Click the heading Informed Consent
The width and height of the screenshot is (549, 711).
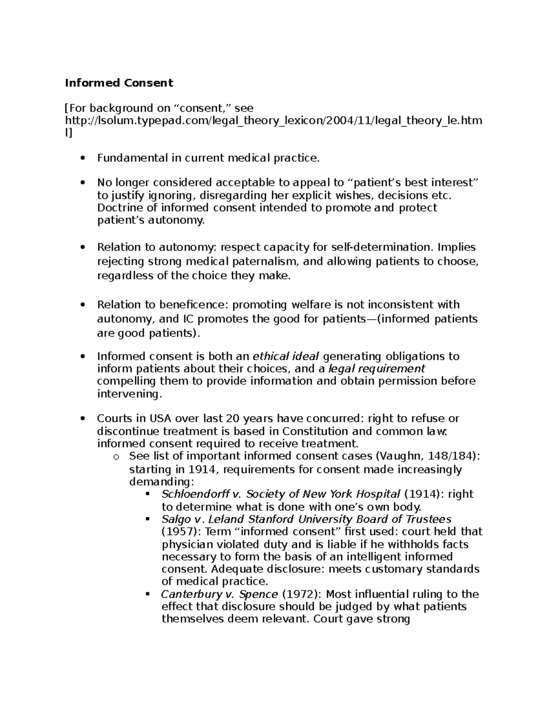tap(119, 83)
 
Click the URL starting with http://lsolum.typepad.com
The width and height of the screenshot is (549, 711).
tap(273, 120)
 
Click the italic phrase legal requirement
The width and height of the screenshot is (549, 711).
tap(377, 369)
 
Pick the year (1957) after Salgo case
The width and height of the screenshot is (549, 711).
tap(178, 532)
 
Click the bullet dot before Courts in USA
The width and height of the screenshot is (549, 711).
tap(83, 418)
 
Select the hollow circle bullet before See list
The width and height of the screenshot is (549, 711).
tap(115, 456)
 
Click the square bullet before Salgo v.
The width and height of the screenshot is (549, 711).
tap(147, 519)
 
